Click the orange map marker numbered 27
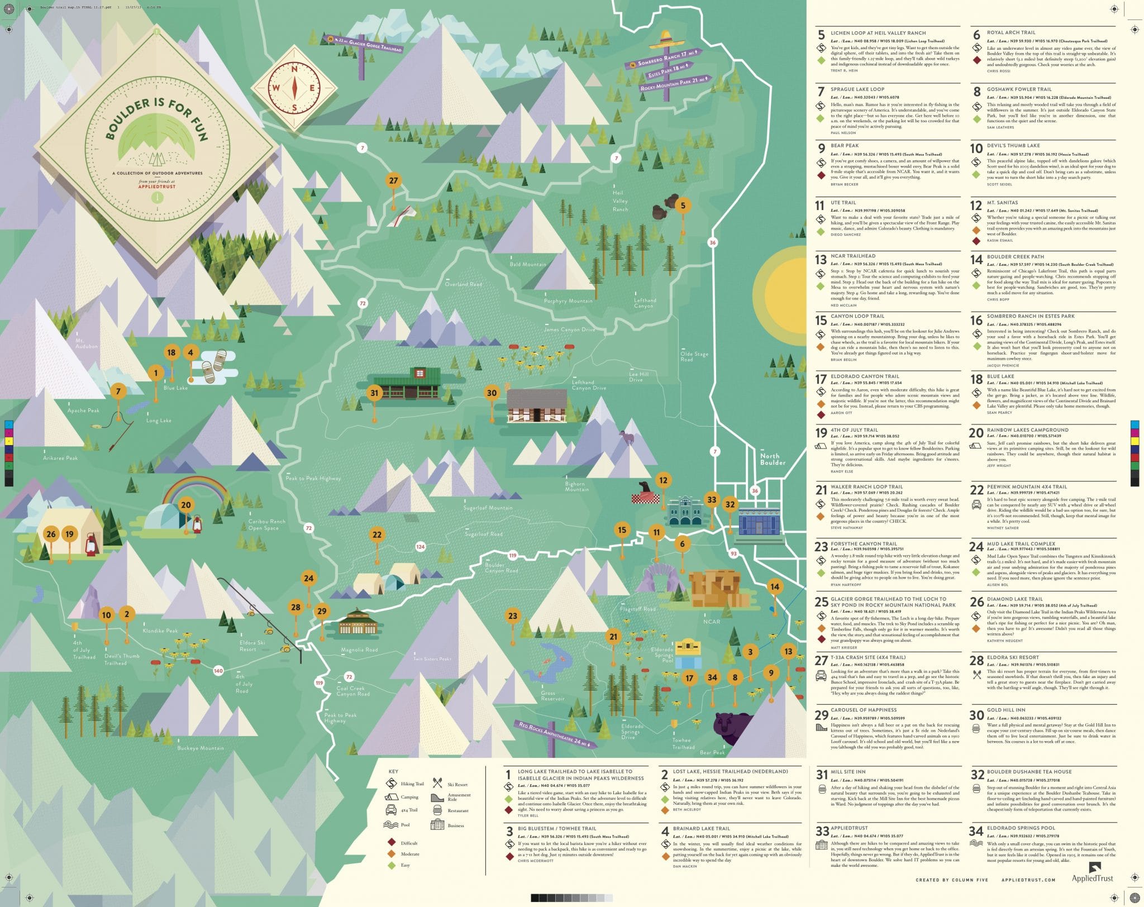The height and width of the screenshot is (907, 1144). (x=394, y=180)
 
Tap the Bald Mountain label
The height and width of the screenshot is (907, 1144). (x=527, y=264)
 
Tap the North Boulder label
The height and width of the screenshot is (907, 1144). (x=773, y=459)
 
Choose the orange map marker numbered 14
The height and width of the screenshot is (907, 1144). (x=774, y=586)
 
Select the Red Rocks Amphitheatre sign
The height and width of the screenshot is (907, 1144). (x=556, y=734)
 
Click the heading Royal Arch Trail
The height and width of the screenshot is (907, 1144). (x=1011, y=33)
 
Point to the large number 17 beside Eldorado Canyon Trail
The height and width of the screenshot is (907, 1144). (x=821, y=379)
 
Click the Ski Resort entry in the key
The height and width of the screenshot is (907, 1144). (x=457, y=784)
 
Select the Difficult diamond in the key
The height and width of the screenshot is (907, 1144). (x=391, y=843)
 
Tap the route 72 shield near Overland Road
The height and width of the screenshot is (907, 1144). (x=363, y=303)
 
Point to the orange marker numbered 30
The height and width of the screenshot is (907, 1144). (x=492, y=393)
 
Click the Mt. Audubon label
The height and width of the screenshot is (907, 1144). (x=87, y=342)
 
